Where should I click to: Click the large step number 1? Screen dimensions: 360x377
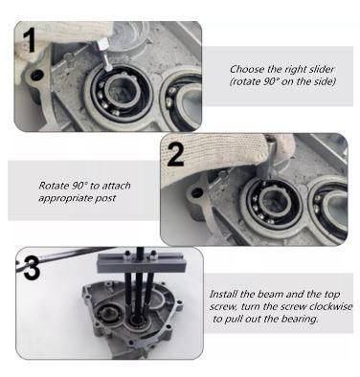point(30,40)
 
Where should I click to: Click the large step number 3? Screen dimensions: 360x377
point(32,268)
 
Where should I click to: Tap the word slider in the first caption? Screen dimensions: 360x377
point(322,69)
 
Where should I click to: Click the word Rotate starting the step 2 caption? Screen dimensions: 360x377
point(54,186)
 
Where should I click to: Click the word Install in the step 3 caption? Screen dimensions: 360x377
point(224,294)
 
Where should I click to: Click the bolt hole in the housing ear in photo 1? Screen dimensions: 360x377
point(37,75)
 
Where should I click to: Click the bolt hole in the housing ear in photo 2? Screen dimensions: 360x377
point(196,193)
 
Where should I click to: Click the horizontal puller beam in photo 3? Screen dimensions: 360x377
point(141,263)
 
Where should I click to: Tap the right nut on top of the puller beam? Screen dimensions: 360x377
point(153,255)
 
